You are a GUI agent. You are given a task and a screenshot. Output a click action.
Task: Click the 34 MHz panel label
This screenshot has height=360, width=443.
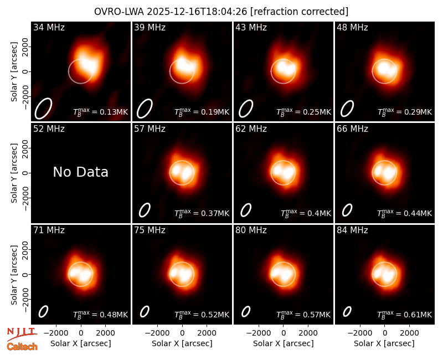49,27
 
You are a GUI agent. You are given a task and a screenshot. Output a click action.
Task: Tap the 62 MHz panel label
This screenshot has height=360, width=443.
251,129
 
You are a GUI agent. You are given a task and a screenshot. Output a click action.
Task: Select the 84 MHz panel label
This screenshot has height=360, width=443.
352,230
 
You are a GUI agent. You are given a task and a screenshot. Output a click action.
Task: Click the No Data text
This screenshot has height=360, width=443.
80,172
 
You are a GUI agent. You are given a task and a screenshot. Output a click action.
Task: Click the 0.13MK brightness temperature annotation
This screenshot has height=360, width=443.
101,112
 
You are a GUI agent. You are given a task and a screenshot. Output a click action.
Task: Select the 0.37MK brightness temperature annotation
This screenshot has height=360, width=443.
202,213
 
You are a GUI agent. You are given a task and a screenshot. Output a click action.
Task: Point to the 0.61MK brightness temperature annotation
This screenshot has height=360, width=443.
405,315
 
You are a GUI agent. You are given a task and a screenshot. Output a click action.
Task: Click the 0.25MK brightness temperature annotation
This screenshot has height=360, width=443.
303,112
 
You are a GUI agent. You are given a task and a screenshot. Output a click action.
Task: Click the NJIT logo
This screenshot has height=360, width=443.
22,333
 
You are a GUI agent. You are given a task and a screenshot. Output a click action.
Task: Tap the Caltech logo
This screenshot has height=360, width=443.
22,347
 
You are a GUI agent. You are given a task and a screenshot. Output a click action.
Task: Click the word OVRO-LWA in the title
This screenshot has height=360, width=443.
119,12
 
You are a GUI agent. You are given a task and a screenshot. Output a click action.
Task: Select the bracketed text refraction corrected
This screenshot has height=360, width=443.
299,12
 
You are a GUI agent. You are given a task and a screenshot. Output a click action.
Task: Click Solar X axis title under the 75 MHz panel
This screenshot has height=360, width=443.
182,343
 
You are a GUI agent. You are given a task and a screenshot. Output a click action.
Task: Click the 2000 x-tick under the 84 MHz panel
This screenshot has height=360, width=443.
409,333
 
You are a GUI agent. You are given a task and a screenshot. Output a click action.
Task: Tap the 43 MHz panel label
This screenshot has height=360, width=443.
251,27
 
